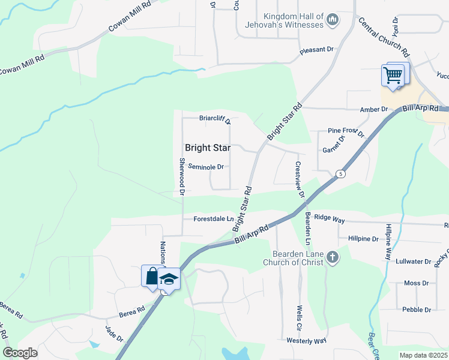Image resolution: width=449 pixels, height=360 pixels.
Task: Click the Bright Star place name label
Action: click(x=208, y=148)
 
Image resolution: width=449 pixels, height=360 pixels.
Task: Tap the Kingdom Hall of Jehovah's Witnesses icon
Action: click(x=333, y=22)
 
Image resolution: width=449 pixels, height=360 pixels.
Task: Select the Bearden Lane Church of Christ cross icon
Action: click(x=332, y=259)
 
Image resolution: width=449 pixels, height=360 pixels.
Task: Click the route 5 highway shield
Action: click(x=342, y=174)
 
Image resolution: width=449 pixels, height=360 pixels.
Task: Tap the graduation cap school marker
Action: click(x=170, y=279)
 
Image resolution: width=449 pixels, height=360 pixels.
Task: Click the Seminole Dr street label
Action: click(x=205, y=167)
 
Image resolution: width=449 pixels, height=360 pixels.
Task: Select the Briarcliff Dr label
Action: click(x=215, y=119)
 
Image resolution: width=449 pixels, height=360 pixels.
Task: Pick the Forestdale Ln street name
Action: click(x=213, y=219)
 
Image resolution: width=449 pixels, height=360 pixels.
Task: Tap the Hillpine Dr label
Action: click(x=363, y=238)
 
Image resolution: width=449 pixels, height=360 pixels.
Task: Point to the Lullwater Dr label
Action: click(x=414, y=262)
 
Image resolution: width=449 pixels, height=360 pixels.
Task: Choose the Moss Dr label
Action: click(x=412, y=283)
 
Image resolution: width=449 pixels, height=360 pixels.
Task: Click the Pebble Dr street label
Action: click(x=417, y=310)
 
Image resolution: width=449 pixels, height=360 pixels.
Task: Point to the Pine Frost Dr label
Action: click(x=346, y=131)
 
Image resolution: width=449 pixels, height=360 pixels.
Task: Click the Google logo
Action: click(x=20, y=353)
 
